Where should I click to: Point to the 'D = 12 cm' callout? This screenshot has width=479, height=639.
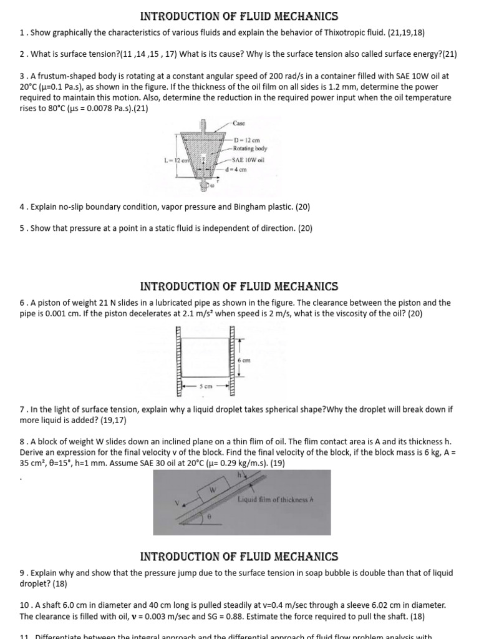click(x=246, y=140)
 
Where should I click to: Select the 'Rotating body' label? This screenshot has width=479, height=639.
click(x=250, y=149)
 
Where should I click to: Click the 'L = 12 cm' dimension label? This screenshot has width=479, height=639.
click(x=176, y=160)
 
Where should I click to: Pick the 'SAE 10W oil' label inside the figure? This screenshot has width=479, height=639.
click(x=249, y=160)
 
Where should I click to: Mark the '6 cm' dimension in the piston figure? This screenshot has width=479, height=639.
click(x=244, y=360)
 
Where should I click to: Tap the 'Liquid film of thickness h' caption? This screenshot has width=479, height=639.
click(x=274, y=499)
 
